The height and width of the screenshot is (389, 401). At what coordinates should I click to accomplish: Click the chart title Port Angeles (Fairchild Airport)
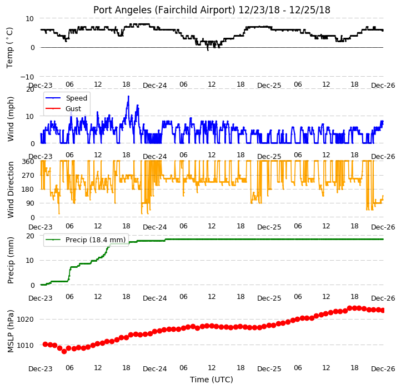(x=164, y=10)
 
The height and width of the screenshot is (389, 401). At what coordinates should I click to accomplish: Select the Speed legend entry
(x=66, y=98)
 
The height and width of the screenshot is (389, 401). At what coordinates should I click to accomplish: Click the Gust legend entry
(x=63, y=108)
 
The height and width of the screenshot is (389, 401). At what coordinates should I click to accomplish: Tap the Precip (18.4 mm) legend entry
(x=86, y=240)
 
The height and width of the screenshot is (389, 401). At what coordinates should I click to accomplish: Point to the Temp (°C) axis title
(x=9, y=48)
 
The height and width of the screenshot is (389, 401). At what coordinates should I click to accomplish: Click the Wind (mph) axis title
(x=10, y=119)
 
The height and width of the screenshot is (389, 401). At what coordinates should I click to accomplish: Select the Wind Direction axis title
(x=10, y=189)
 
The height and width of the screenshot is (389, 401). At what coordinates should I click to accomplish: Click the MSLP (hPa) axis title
(x=10, y=331)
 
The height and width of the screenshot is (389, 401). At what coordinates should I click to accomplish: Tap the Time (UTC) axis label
(x=212, y=379)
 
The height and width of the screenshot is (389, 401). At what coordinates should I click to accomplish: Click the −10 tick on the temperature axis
(x=27, y=77)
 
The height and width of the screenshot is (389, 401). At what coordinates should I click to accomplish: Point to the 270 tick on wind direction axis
(x=28, y=175)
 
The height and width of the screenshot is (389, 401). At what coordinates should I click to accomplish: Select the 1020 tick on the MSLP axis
(x=26, y=320)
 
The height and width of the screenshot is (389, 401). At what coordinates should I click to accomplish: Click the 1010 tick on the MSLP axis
(x=26, y=346)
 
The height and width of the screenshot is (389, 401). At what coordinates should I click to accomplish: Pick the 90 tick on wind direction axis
(x=30, y=203)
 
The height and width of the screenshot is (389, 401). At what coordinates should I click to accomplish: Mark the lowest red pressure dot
(x=64, y=351)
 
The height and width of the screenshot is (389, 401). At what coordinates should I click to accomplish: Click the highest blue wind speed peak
(x=128, y=96)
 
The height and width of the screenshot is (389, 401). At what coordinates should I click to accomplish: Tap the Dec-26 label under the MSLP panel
(x=383, y=369)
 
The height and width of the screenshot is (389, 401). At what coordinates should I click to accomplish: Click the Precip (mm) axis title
(x=10, y=260)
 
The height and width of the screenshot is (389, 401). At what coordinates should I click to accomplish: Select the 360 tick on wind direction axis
(x=28, y=162)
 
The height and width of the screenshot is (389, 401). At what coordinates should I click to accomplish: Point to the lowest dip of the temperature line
(x=208, y=50)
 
